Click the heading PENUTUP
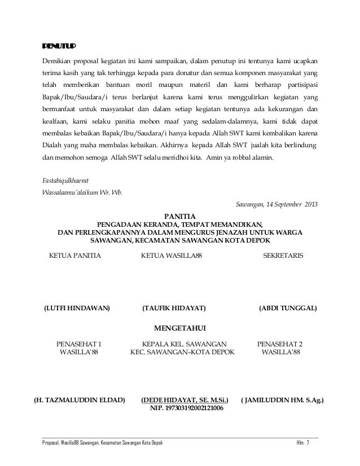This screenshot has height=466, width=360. point(60,46)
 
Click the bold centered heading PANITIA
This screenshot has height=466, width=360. point(180,217)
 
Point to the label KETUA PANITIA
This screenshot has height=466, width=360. point(76,256)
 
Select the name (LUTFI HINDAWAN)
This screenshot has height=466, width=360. point(77,308)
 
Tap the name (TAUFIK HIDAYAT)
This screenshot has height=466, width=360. point(174,308)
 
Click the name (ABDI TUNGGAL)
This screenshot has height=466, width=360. point(287,308)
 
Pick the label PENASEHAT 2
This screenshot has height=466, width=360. point(280,343)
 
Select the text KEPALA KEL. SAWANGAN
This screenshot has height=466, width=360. point(185,343)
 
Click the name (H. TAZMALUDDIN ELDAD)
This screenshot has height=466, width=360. point(80,401)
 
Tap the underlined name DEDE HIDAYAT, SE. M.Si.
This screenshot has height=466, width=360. point(185,401)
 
